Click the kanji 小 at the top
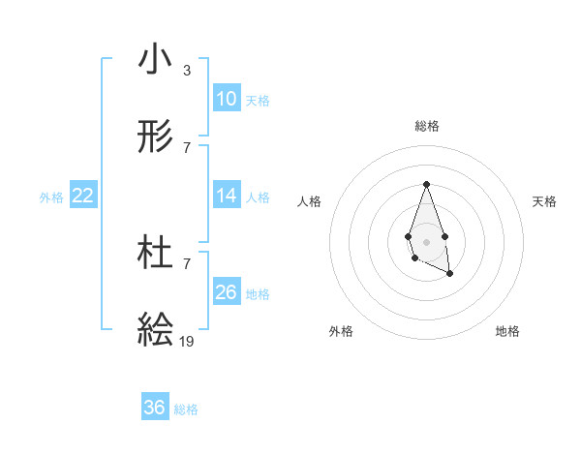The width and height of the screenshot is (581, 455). (155, 60)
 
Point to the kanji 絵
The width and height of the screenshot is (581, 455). (155, 329)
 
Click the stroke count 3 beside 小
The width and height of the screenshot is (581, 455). (187, 71)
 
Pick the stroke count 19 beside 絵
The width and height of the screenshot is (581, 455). (187, 341)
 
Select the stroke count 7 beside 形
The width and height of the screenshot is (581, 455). (187, 147)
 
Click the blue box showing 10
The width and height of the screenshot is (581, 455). (227, 98)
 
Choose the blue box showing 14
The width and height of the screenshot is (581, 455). (227, 196)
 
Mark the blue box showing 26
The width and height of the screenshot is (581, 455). (227, 291)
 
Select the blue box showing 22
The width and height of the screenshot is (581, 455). (83, 196)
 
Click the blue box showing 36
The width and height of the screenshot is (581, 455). (155, 408)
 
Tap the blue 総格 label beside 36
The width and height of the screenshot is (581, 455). (186, 409)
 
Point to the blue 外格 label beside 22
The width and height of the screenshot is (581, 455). (51, 197)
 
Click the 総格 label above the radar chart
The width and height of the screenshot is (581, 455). (426, 126)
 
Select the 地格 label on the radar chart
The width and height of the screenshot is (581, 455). (507, 331)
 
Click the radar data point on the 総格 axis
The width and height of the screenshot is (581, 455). (426, 184)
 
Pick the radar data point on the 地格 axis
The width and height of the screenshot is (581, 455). (450, 274)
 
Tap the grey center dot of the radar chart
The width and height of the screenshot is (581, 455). (426, 240)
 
